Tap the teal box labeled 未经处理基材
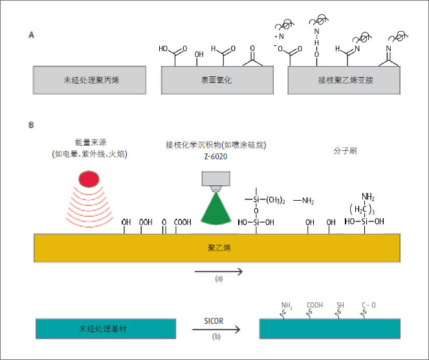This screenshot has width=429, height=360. point(106,330)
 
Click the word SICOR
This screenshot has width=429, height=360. point(216,320)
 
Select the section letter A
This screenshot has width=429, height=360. point(31,36)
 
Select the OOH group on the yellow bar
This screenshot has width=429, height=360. point(146,222)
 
